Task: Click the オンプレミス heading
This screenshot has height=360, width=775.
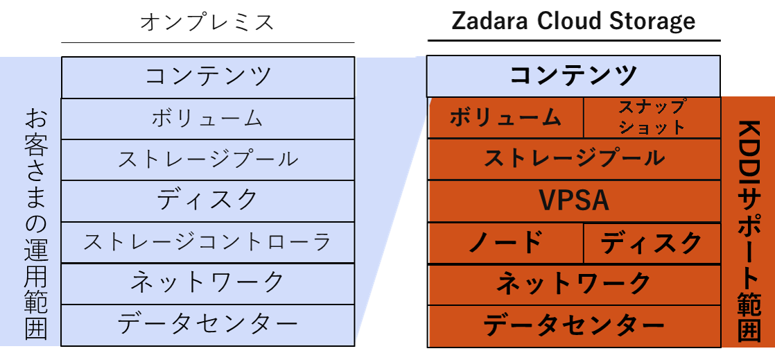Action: tap(207, 22)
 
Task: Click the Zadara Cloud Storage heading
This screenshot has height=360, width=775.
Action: tap(573, 21)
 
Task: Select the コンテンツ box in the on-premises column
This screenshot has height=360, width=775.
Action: tap(208, 77)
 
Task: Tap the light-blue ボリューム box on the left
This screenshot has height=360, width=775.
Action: tap(208, 118)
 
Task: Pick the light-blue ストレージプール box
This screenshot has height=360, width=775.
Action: tap(208, 160)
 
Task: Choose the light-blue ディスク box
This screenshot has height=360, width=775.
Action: tap(208, 200)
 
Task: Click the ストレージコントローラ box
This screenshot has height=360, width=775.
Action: tap(208, 242)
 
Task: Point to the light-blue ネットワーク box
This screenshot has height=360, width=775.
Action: tap(208, 282)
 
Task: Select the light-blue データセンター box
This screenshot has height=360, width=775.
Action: tap(208, 324)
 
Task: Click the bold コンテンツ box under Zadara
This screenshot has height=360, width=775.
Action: tap(573, 76)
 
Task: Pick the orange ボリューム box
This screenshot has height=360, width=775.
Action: tap(505, 118)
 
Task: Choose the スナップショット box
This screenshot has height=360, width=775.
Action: tap(652, 118)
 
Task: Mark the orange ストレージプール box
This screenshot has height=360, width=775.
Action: tap(574, 159)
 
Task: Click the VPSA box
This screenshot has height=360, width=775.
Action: tap(574, 201)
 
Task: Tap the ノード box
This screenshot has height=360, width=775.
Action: tap(505, 243)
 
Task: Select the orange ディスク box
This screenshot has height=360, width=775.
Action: tap(652, 243)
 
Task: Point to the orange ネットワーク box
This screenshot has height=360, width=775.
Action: tap(574, 284)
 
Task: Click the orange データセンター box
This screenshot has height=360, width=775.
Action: tap(574, 325)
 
